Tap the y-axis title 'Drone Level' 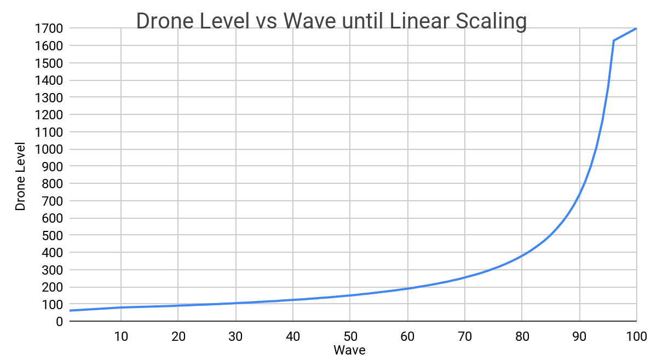click(x=20, y=176)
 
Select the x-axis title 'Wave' click(x=349, y=350)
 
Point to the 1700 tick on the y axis click(x=48, y=28)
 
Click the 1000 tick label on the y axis click(x=48, y=149)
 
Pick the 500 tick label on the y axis click(x=51, y=235)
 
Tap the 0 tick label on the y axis click(x=59, y=321)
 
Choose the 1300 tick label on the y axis click(x=48, y=97)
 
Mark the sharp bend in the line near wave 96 click(x=613, y=40)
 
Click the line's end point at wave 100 click(x=636, y=28)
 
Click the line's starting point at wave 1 click(x=70, y=311)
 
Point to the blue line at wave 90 click(x=579, y=194)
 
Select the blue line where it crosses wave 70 click(x=464, y=277)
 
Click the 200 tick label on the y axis click(x=51, y=287)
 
